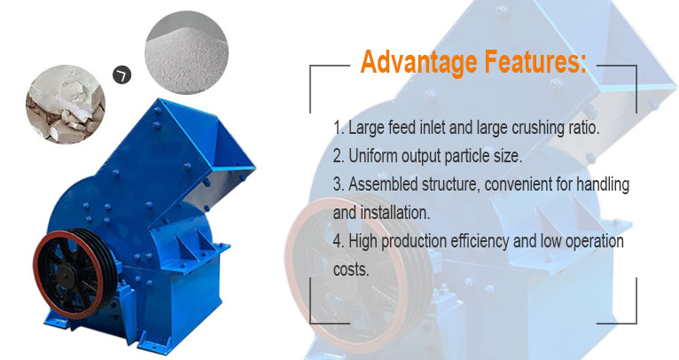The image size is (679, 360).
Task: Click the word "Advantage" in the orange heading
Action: [414, 63]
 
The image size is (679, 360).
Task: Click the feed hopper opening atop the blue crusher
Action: [213, 133]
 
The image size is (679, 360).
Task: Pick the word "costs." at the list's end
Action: [351, 270]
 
